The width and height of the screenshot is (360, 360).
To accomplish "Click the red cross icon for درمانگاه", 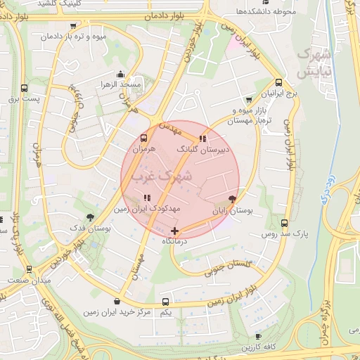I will click(174, 231).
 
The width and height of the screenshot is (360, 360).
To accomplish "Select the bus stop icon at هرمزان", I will click(143, 139).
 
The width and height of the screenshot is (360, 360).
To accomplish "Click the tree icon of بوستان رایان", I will click(233, 200).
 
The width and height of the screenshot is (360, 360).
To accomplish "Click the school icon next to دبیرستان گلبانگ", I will click(204, 139).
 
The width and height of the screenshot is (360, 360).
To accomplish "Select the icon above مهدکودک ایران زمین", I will click(147, 198).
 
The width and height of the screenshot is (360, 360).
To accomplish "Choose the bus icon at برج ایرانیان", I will click(279, 82).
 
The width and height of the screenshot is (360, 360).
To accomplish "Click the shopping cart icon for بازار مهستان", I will click(247, 101).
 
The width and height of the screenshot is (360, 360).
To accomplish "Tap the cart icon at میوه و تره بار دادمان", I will click(73, 27).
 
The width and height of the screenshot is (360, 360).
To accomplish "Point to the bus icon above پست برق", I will click(25, 89).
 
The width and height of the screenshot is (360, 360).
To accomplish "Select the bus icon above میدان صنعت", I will click(28, 269).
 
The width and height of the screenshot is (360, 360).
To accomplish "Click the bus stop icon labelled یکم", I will click(165, 300).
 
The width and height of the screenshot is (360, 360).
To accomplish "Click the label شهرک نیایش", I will click(314, 63).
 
